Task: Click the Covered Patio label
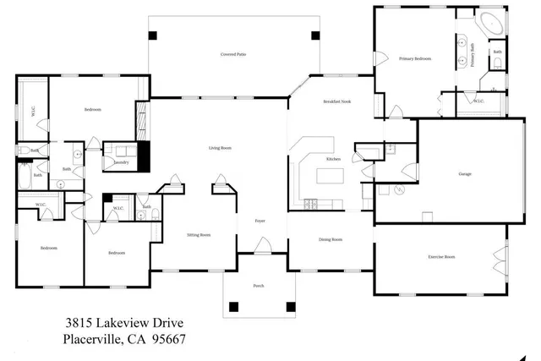tap(233, 55)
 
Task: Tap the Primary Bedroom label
tap(415, 59)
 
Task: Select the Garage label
tap(465, 174)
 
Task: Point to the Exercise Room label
tap(441, 256)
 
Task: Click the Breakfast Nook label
tap(336, 101)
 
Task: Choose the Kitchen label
tap(334, 159)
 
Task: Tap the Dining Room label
tap(331, 239)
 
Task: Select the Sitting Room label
tap(199, 235)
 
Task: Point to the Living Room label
tap(220, 148)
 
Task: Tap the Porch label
tap(259, 286)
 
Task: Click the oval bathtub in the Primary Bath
tap(492, 23)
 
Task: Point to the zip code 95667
tap(167, 340)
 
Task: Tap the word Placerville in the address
tap(92, 340)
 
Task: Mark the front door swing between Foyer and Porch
tap(263, 246)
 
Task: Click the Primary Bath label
tap(473, 57)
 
